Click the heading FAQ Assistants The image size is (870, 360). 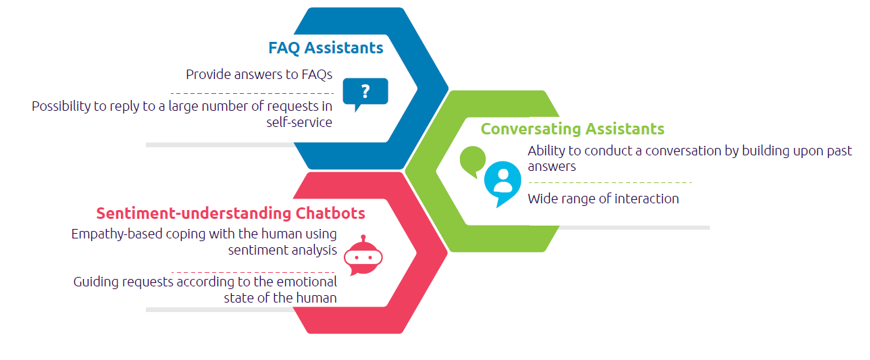tap(326, 48)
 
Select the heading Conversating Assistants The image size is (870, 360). tap(572, 129)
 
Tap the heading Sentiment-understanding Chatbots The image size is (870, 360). tap(230, 213)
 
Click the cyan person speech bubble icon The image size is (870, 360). tap(503, 182)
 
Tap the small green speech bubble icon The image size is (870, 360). tap(472, 161)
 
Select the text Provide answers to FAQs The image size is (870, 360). tap(259, 74)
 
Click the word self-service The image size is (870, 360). tap(299, 122)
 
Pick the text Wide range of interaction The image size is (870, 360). tap(603, 199)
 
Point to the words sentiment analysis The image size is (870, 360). tap(282, 250)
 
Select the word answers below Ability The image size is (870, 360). tap(552, 166)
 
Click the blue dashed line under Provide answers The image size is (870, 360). tap(251, 93)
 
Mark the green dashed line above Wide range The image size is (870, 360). tap(610, 182)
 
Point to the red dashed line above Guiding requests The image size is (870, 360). tap(253, 272)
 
